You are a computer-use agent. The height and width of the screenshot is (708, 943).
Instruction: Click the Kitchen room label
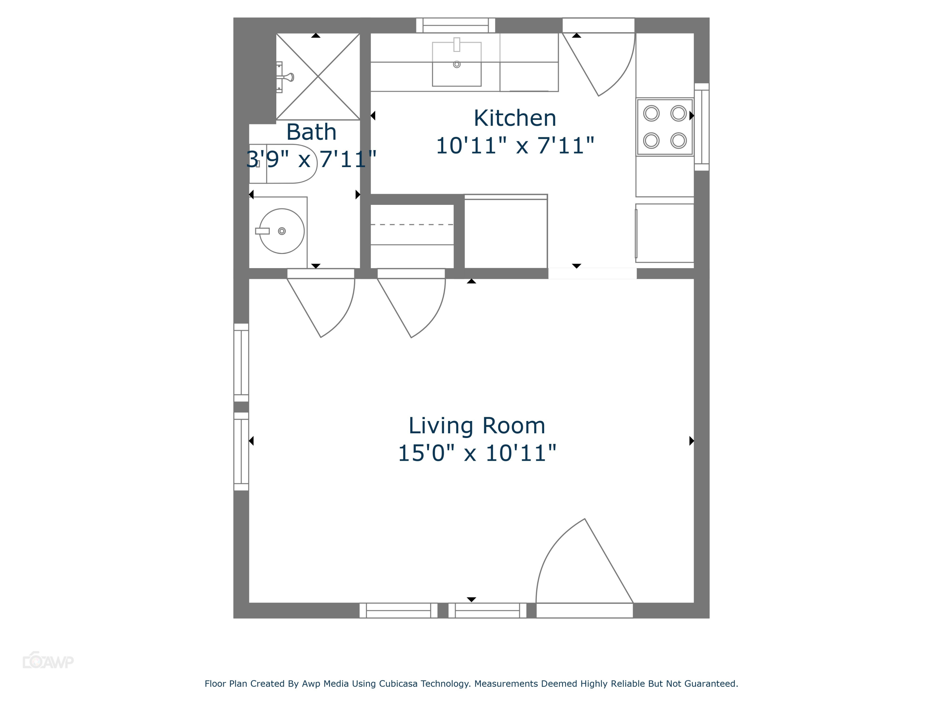pos(515,118)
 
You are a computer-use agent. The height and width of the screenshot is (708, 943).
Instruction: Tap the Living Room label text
pos(477,426)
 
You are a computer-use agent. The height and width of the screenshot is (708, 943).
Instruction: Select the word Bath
pos(311,132)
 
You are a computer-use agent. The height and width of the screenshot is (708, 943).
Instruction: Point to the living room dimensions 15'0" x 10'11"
pos(477,453)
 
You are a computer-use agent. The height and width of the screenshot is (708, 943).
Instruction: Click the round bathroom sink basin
pos(282,231)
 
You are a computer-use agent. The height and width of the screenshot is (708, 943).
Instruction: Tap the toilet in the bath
pos(283,164)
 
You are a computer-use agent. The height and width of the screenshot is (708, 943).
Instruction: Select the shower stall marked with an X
pos(318,76)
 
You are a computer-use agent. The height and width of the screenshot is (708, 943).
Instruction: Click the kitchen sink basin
pos(457,64)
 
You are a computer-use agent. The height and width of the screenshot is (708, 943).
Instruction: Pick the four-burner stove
pos(665,127)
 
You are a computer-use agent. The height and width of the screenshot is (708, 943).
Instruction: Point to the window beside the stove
pos(702,127)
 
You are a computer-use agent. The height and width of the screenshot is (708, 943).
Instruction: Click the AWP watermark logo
pos(48,660)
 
